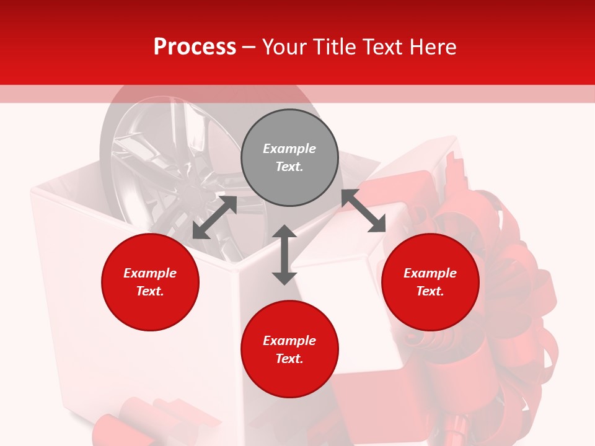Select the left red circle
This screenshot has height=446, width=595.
(x=150, y=282)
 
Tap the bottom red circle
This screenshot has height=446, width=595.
(x=289, y=349)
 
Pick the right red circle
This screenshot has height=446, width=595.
(x=430, y=282)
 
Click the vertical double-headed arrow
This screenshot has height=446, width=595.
(x=284, y=255)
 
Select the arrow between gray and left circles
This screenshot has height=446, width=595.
(x=214, y=217)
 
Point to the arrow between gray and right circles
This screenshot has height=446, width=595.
(x=364, y=211)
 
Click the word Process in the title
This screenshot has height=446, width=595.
(x=195, y=47)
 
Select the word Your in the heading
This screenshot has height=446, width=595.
(x=285, y=47)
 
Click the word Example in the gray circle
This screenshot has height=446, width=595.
(x=289, y=149)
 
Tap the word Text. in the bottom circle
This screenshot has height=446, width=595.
(x=289, y=359)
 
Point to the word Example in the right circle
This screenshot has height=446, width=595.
(x=430, y=273)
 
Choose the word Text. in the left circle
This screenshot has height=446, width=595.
(x=150, y=291)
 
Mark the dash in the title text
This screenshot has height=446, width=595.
(x=249, y=47)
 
